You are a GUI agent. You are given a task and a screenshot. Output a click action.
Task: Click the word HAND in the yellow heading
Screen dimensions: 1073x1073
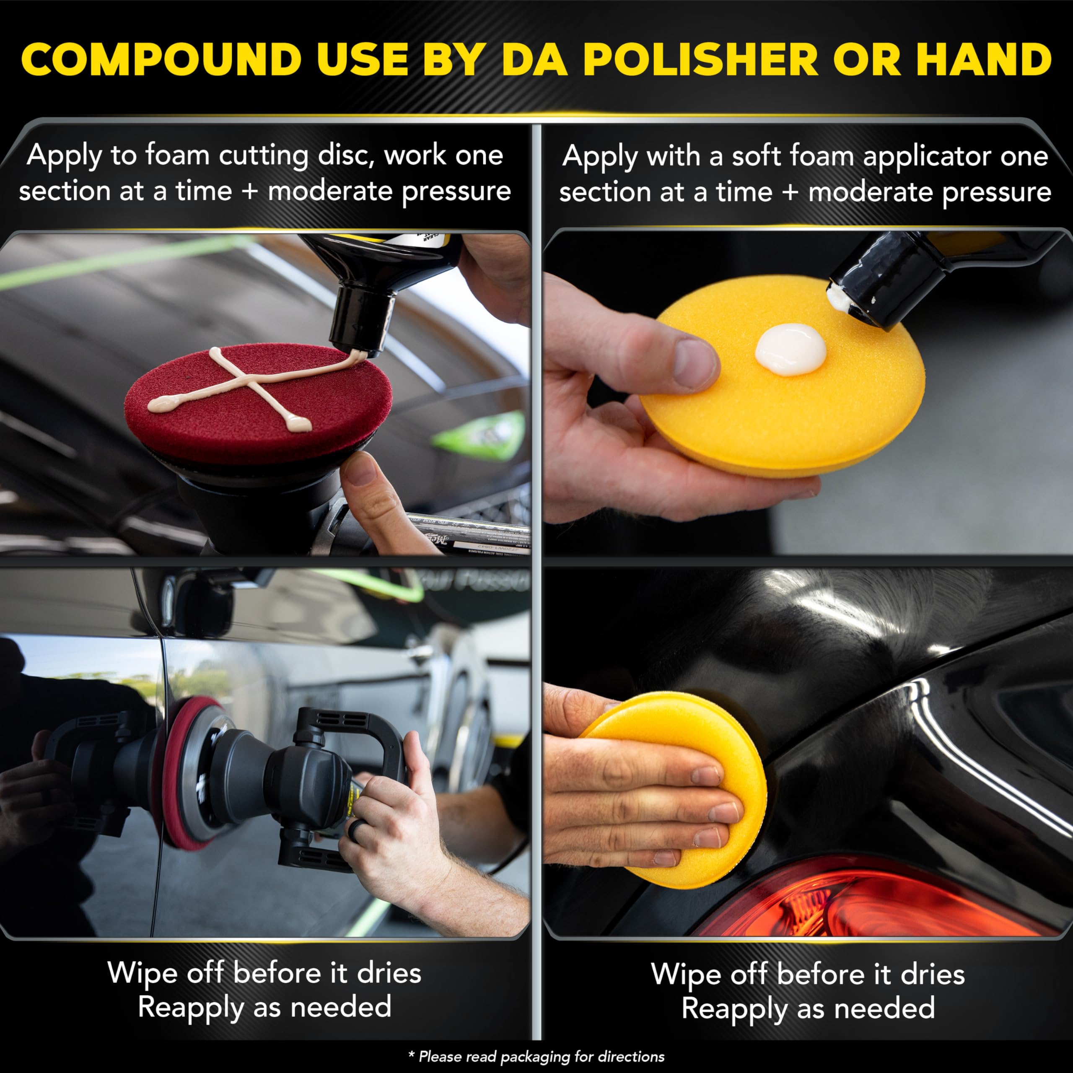(984, 60)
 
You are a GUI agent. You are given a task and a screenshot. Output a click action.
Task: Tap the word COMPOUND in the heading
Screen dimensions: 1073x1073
(161, 60)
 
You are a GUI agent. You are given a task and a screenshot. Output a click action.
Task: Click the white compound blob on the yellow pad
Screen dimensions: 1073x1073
(790, 348)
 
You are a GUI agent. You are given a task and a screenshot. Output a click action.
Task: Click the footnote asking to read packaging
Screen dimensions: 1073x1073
(536, 1056)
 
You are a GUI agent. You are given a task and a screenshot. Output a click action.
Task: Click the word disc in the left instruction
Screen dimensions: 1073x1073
(343, 156)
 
